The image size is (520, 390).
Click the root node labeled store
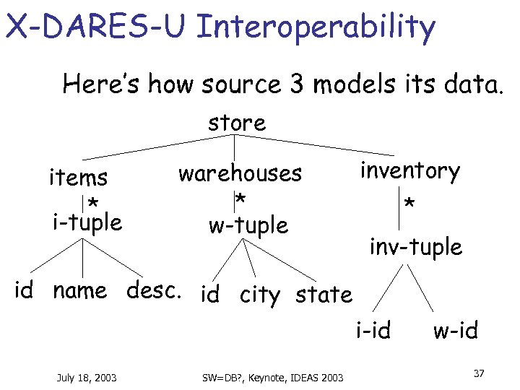237,123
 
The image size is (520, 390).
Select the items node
78,177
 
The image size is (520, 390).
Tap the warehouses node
240,173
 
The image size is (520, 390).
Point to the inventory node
409,171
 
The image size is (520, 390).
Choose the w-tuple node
248,225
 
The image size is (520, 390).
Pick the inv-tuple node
415,247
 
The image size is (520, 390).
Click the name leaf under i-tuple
80,291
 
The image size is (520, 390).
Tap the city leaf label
259,295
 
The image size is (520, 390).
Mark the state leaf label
324,294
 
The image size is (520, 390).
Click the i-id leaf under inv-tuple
373,331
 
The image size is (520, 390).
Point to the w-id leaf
455,331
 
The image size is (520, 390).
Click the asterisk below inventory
409,206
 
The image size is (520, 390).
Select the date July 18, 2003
86,376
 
